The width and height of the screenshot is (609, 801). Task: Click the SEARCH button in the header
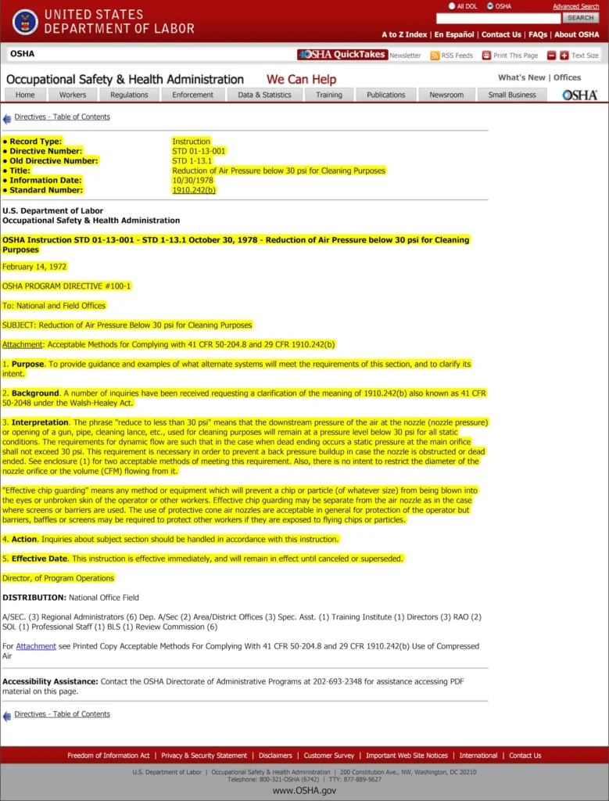[x=580, y=17]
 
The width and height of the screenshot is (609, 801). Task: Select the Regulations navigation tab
[x=129, y=95]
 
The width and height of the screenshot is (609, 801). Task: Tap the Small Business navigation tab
[x=512, y=95]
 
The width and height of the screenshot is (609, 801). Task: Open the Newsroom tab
[x=446, y=95]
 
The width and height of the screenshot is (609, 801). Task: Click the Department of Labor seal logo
[x=25, y=22]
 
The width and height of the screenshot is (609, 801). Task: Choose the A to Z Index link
[x=404, y=34]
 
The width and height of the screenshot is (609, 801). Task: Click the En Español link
[x=454, y=34]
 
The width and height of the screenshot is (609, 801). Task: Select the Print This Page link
[x=510, y=56]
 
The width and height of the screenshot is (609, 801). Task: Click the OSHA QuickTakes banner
[x=342, y=55]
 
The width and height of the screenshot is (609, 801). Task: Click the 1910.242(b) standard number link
[x=193, y=190]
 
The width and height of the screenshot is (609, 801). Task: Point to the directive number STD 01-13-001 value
[x=199, y=151]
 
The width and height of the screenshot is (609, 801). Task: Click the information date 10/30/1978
[x=192, y=180]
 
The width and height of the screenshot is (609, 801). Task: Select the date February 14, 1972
[x=34, y=267]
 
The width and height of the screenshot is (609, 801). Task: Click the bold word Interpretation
[x=41, y=422]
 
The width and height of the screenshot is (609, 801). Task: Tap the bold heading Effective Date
[x=39, y=559]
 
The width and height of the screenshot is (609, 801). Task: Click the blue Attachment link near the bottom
[x=36, y=646]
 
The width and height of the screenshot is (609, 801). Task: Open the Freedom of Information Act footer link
[x=109, y=756]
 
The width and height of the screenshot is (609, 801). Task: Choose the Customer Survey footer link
[x=328, y=756]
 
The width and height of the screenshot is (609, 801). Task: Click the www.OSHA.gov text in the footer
[x=304, y=791]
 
